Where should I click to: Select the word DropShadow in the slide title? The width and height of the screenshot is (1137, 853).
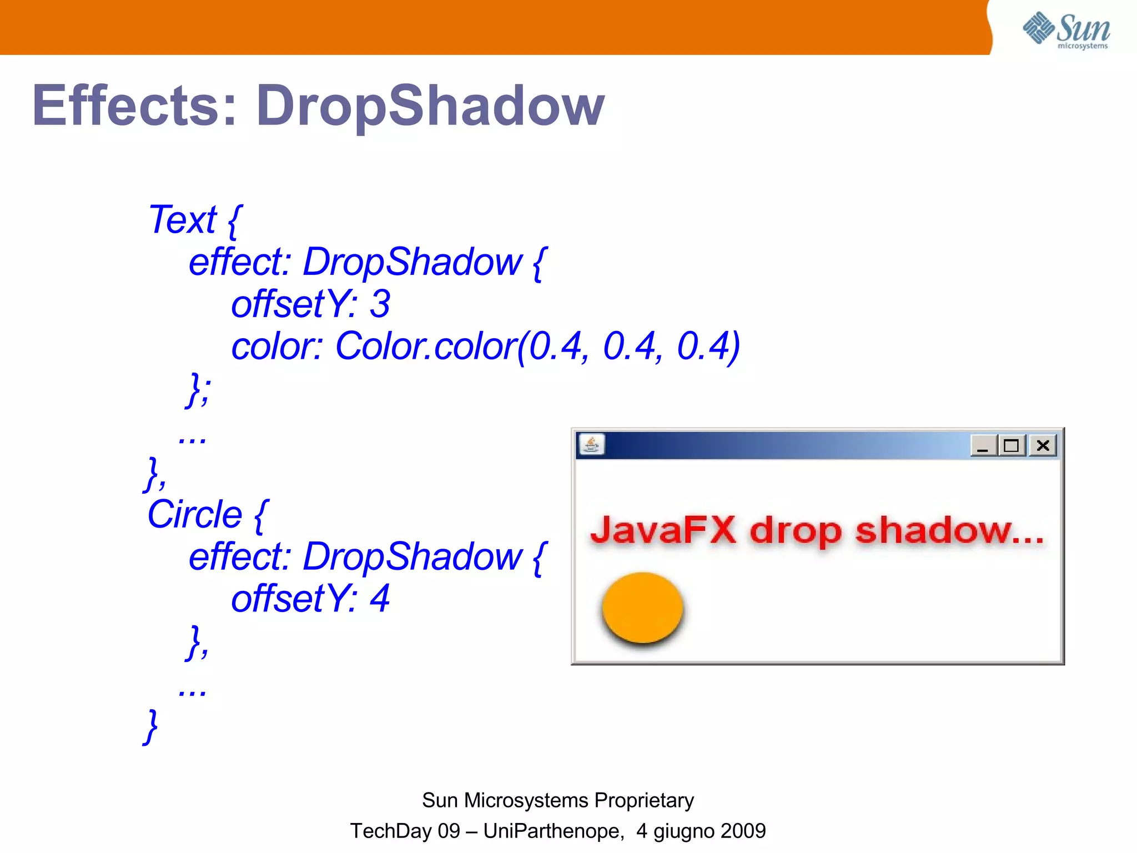click(430, 106)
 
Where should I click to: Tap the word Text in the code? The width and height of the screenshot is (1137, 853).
click(182, 220)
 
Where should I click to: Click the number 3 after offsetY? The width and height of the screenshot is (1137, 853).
click(380, 304)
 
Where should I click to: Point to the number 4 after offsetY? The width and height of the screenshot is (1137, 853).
click(380, 599)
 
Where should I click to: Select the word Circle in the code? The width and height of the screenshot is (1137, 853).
click(194, 514)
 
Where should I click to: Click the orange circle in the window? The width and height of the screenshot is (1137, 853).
click(642, 607)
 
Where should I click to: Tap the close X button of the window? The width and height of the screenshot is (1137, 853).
click(1043, 445)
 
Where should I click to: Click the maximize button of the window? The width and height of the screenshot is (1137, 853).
click(1011, 445)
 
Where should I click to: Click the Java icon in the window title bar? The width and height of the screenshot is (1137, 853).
click(591, 445)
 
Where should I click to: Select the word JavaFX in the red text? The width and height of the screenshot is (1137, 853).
click(663, 530)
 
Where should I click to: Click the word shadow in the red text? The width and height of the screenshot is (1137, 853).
click(933, 530)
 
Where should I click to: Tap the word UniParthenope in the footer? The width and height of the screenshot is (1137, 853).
click(552, 831)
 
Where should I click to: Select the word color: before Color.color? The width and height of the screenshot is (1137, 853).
click(276, 347)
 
